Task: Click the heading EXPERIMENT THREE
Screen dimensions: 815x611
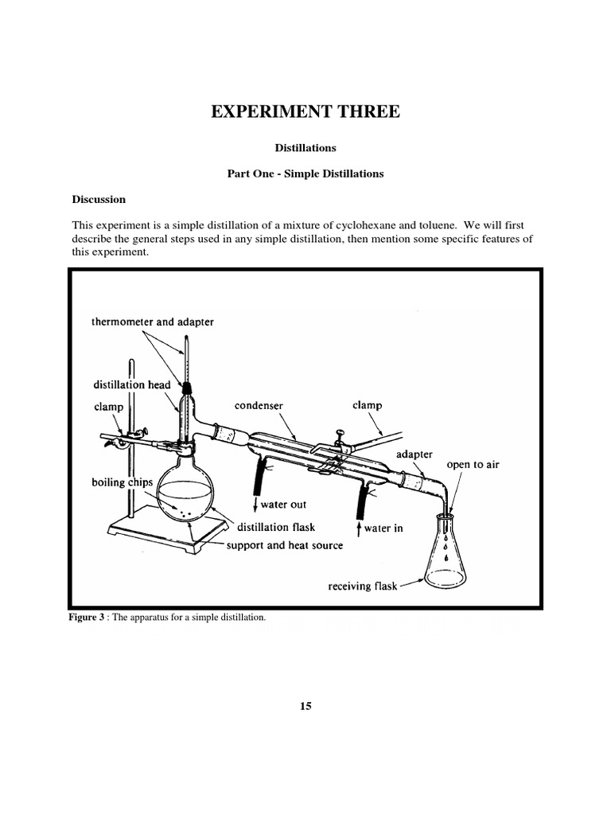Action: pos(305,111)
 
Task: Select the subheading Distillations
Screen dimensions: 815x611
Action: pos(305,148)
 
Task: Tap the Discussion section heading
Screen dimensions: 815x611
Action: pos(99,199)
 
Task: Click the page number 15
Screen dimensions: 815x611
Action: pos(305,706)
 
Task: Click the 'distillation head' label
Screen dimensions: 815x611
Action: pos(131,384)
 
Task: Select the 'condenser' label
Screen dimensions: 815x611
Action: pos(259,406)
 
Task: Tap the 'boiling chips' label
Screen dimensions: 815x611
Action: pos(122,483)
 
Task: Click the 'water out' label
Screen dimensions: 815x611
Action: pos(278,505)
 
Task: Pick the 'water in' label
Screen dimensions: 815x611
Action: pos(382,528)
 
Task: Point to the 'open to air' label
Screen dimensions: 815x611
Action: pos(473,465)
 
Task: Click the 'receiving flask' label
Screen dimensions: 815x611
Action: pos(362,587)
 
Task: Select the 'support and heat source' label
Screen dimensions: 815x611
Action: pos(285,545)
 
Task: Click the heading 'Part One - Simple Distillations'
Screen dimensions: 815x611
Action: pos(305,174)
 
